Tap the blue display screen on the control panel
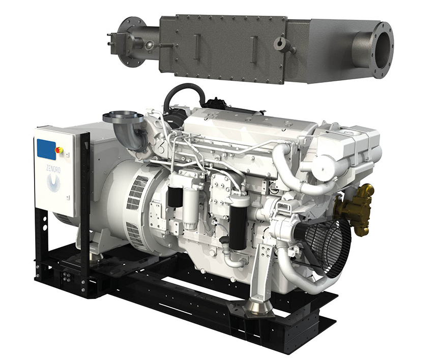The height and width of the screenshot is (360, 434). click(47, 149)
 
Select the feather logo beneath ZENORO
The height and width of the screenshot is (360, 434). click(53, 183)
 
